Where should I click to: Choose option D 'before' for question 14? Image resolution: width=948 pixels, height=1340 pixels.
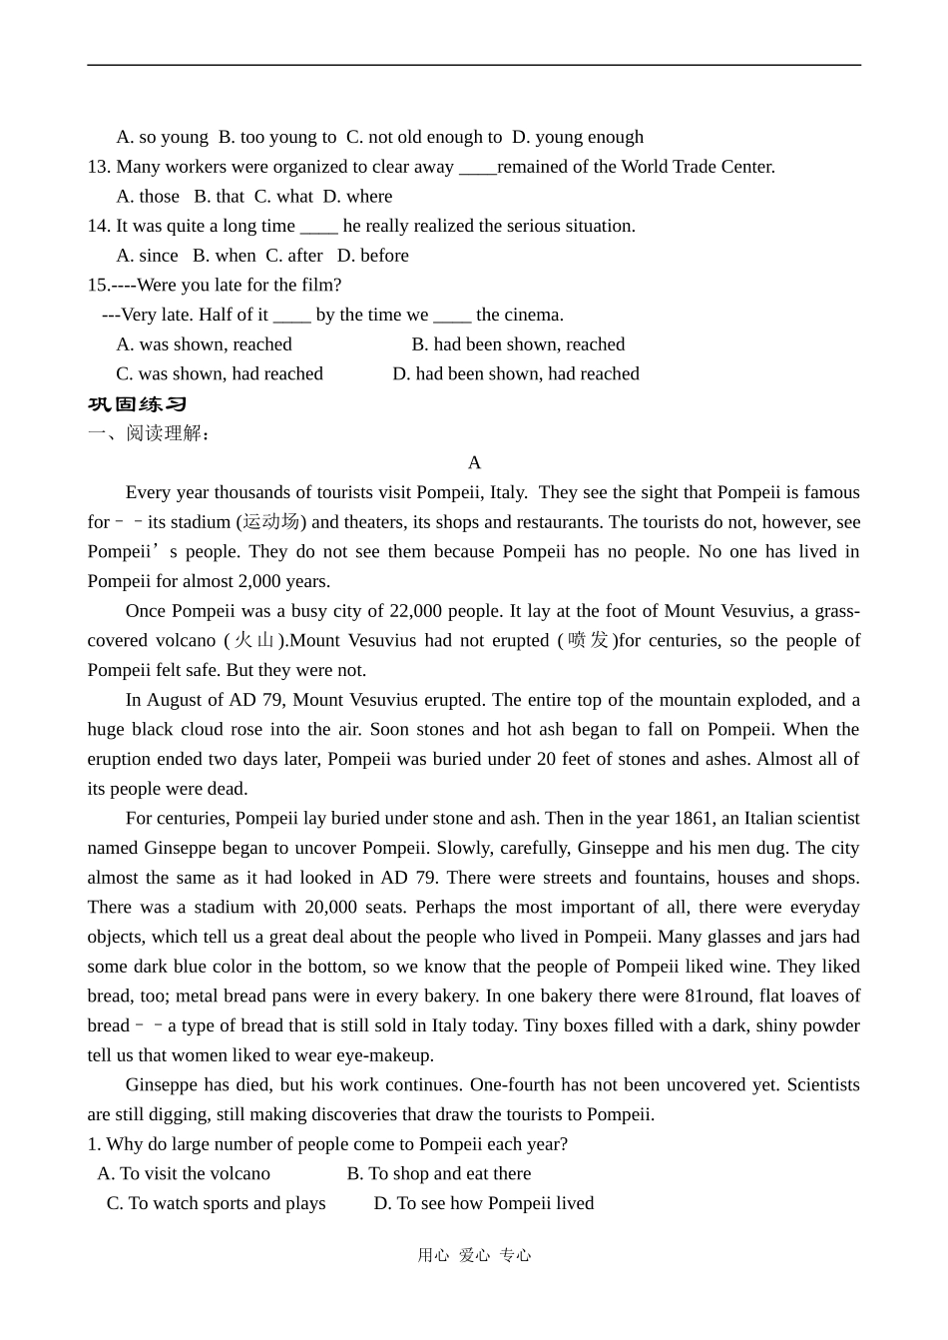coord(373,256)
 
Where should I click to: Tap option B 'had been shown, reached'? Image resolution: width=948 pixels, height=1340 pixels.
coord(518,344)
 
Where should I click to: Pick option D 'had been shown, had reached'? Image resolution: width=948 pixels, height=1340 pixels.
coord(515,374)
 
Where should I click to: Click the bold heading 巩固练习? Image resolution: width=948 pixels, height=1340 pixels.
coord(138,404)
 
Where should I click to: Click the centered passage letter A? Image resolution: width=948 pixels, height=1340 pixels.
coord(474,462)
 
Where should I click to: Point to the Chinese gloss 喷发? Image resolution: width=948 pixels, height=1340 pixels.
coord(588,641)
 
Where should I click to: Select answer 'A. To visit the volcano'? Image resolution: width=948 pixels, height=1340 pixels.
coord(184,1174)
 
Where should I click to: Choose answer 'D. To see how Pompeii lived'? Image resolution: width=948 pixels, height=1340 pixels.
coord(483,1204)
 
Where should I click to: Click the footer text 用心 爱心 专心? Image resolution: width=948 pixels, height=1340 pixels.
coord(474,1256)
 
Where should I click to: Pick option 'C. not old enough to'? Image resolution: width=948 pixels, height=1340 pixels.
coord(424,138)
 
